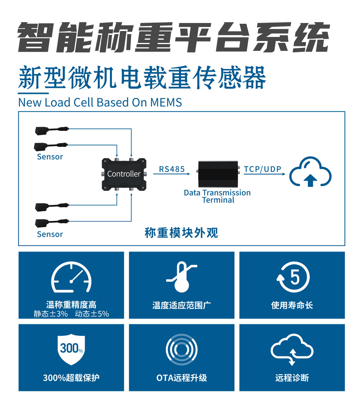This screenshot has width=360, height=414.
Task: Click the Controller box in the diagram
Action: coord(124,174)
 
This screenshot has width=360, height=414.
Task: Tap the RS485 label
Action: coord(172,169)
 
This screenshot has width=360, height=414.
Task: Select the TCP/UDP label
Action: coord(263,169)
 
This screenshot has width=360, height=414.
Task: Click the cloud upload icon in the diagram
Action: coord(310,172)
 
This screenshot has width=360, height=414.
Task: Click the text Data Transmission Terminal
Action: coord(217,196)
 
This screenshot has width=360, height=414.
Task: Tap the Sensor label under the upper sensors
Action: coord(50,157)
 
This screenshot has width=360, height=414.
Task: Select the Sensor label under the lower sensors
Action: coord(50,234)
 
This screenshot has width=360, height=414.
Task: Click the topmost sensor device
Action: coord(52,130)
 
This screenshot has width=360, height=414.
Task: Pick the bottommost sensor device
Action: coord(52,223)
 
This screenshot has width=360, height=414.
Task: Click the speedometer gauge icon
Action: coord(71,277)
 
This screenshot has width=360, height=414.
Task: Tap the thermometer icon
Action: coord(182,277)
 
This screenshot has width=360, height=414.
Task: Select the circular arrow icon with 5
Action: coord(293,277)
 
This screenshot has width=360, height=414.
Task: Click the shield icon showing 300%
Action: coord(71,349)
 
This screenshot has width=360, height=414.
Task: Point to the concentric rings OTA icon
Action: coord(182,350)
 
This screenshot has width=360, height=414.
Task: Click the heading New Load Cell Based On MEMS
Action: coord(100,102)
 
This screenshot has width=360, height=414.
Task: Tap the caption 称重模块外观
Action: coord(181,233)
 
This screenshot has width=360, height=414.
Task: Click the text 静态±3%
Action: coord(51,314)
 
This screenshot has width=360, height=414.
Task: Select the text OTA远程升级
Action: coord(182,378)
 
